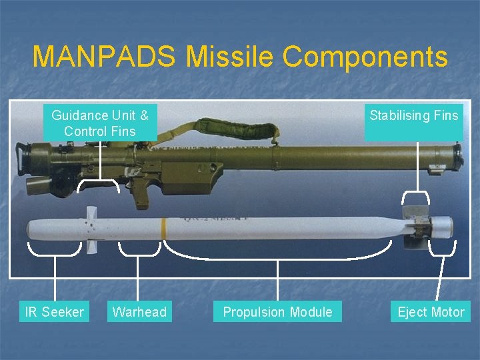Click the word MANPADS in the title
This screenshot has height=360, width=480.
103,57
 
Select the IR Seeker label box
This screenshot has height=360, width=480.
54,311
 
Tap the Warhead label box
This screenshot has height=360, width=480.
139,311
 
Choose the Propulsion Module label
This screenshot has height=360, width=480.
277,311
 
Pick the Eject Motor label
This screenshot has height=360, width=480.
431,311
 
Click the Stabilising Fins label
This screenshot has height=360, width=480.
414,116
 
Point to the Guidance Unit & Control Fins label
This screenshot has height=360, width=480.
100,123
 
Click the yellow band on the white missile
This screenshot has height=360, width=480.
163,227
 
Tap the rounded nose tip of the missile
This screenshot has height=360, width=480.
31,230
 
